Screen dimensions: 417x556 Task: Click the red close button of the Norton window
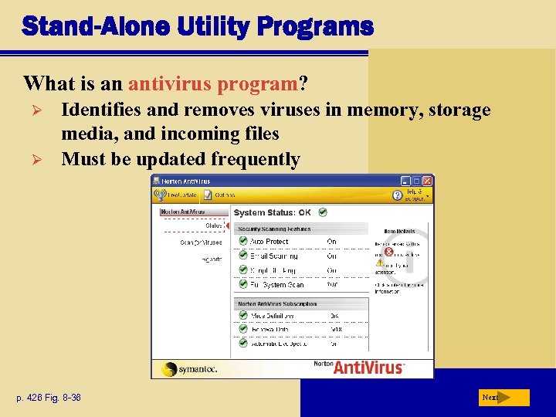[428, 181]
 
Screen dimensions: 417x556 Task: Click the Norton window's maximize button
[417, 181]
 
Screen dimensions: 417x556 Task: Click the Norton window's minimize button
[406, 181]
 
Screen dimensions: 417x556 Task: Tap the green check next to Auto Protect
[242, 242]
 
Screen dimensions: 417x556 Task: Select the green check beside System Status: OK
[322, 212]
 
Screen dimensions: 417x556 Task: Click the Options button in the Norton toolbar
[219, 195]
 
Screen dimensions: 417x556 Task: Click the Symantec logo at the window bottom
[190, 368]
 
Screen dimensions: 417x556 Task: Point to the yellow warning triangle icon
[380, 263]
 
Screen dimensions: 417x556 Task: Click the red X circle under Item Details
[388, 251]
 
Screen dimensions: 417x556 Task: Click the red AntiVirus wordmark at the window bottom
[368, 368]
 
